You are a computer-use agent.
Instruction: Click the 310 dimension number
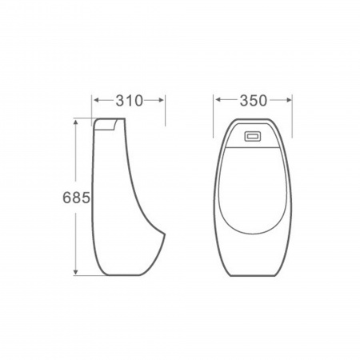130,101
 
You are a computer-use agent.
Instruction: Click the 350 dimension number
253,101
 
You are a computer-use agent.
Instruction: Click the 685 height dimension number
76,198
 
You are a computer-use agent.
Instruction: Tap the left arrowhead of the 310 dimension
97,100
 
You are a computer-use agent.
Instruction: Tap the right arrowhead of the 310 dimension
161,100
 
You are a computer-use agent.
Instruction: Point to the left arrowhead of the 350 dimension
218,100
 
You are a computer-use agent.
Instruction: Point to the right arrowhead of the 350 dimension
289,100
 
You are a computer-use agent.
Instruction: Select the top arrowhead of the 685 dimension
76,122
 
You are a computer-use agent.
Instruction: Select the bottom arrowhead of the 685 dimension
76,272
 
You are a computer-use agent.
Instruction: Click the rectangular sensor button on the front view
252,136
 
